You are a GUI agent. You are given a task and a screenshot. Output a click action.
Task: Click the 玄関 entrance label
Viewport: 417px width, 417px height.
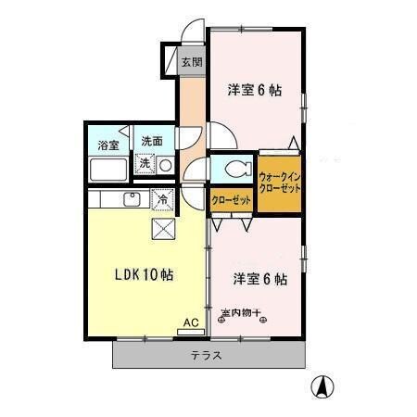pos(191,63)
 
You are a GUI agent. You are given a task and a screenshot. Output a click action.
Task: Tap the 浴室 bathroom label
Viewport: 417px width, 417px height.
pos(108,145)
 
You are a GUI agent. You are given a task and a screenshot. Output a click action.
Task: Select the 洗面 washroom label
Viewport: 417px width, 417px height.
pos(152,142)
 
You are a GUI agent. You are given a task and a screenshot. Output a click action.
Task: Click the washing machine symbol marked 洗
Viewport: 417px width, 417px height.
pos(145,164)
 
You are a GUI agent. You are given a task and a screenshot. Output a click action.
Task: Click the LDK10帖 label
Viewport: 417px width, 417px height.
pos(145,275)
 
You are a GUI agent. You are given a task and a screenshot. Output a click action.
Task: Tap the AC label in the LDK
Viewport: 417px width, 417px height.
pos(190,322)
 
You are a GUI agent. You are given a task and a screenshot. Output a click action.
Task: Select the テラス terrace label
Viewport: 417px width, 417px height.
pos(207,356)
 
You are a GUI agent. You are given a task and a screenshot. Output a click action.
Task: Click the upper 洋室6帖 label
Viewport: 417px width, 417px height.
pos(255,90)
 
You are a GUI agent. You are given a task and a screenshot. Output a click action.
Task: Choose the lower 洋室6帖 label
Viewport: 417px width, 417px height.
pos(259,278)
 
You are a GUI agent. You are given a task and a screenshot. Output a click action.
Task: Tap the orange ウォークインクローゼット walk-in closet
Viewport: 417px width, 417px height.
pos(280,181)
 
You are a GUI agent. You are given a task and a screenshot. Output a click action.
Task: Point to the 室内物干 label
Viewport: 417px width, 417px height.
pos(245,313)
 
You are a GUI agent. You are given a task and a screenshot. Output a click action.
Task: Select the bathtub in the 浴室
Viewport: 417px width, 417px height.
pos(108,171)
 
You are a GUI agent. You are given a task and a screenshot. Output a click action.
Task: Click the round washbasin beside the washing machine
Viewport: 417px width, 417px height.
pos(164,165)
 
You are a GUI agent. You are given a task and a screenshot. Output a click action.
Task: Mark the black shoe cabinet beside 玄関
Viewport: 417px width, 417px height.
pos(171,61)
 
